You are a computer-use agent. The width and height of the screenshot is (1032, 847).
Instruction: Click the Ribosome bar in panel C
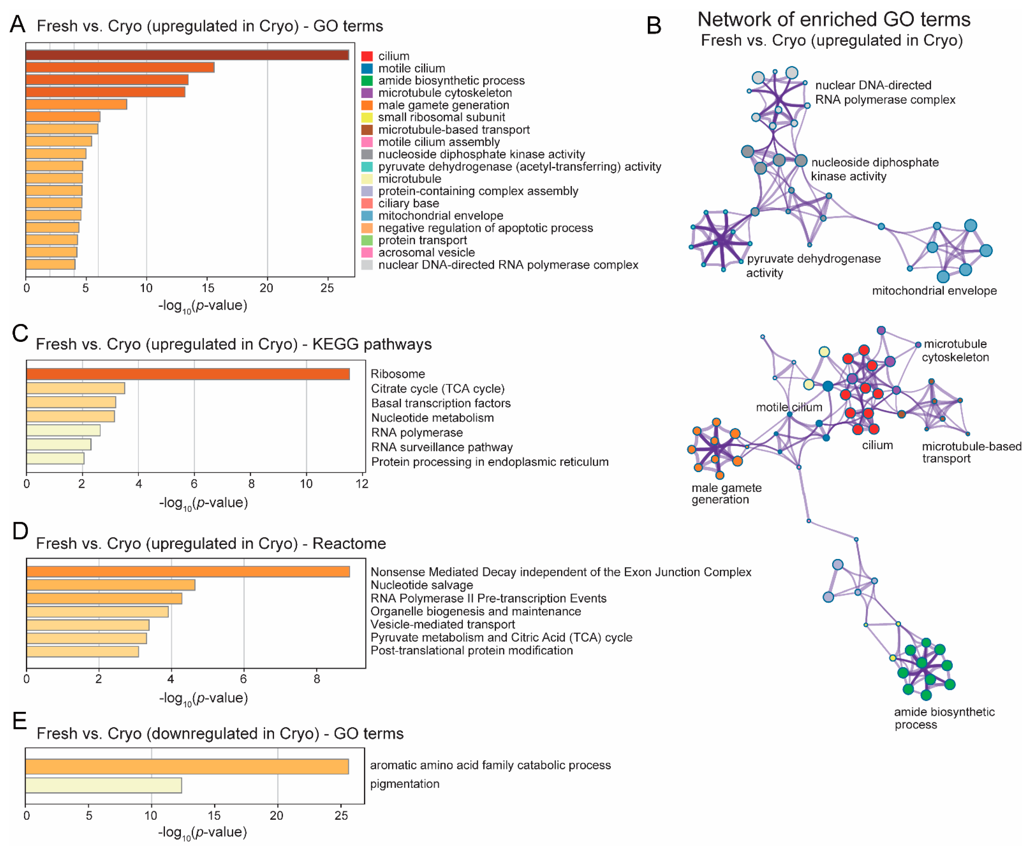click(x=188, y=374)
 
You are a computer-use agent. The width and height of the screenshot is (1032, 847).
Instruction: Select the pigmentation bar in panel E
click(x=104, y=785)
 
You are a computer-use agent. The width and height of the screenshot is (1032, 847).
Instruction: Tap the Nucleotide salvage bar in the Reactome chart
click(x=111, y=585)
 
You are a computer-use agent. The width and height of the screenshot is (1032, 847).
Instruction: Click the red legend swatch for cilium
click(x=367, y=56)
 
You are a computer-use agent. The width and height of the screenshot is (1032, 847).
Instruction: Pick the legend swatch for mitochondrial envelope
click(x=367, y=216)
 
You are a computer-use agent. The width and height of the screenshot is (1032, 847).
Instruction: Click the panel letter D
click(x=20, y=531)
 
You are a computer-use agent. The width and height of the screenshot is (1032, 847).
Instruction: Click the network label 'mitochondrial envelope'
click(x=934, y=291)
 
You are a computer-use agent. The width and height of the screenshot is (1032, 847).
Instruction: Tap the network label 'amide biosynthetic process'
click(x=944, y=718)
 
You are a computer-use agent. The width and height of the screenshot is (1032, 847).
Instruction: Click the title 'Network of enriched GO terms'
click(x=834, y=19)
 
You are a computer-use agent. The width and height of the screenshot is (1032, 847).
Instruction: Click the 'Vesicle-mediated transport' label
click(x=442, y=625)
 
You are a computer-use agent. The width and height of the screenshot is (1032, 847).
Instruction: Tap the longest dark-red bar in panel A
click(x=187, y=55)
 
